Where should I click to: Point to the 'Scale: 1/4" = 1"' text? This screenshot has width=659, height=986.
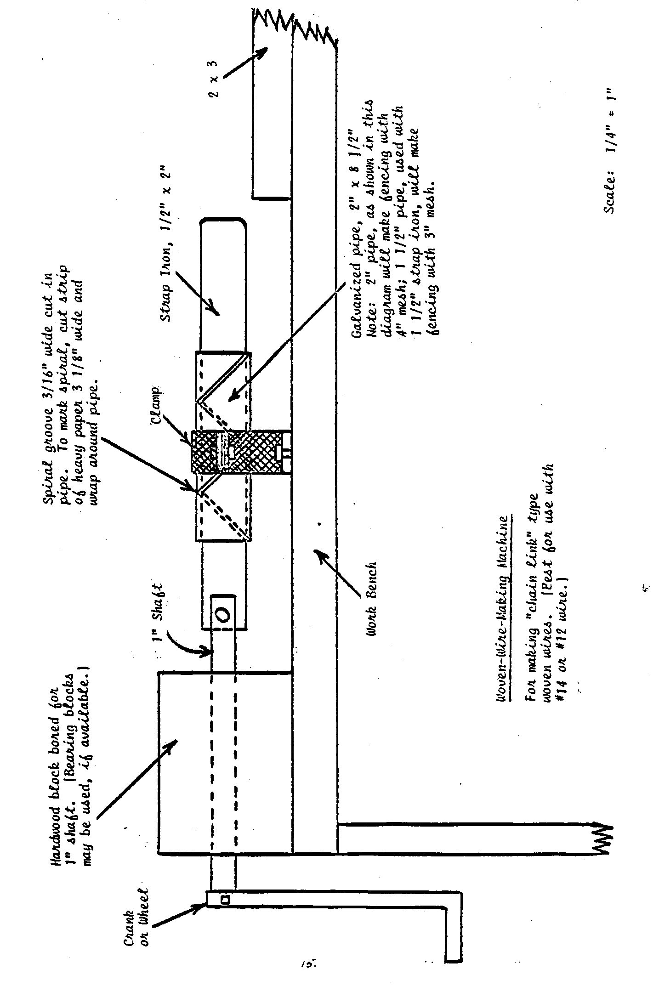coord(611,152)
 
